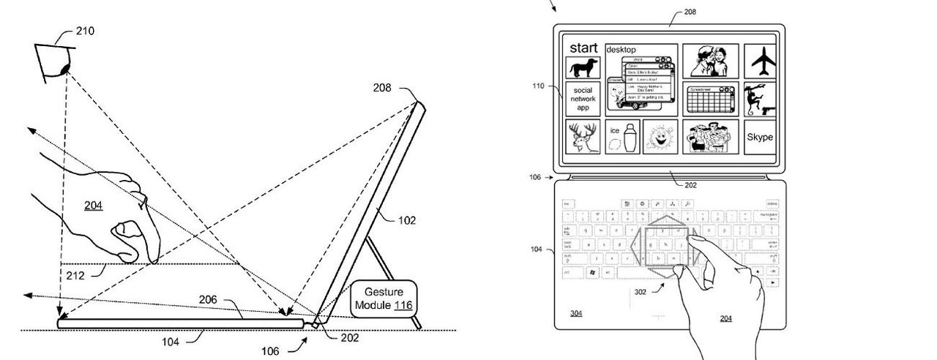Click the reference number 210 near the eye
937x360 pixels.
(85, 31)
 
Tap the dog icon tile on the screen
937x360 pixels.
(583, 68)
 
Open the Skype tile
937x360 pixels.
(759, 137)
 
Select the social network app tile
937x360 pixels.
(583, 99)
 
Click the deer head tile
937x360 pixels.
(583, 137)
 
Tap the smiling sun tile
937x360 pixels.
(660, 137)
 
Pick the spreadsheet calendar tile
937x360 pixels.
(709, 99)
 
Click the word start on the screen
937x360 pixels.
(584, 48)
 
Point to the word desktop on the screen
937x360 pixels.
(621, 49)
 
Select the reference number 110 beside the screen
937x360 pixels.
(539, 86)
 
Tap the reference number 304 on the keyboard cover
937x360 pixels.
(576, 313)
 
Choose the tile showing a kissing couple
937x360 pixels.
(709, 61)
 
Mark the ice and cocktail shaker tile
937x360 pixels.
(622, 137)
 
